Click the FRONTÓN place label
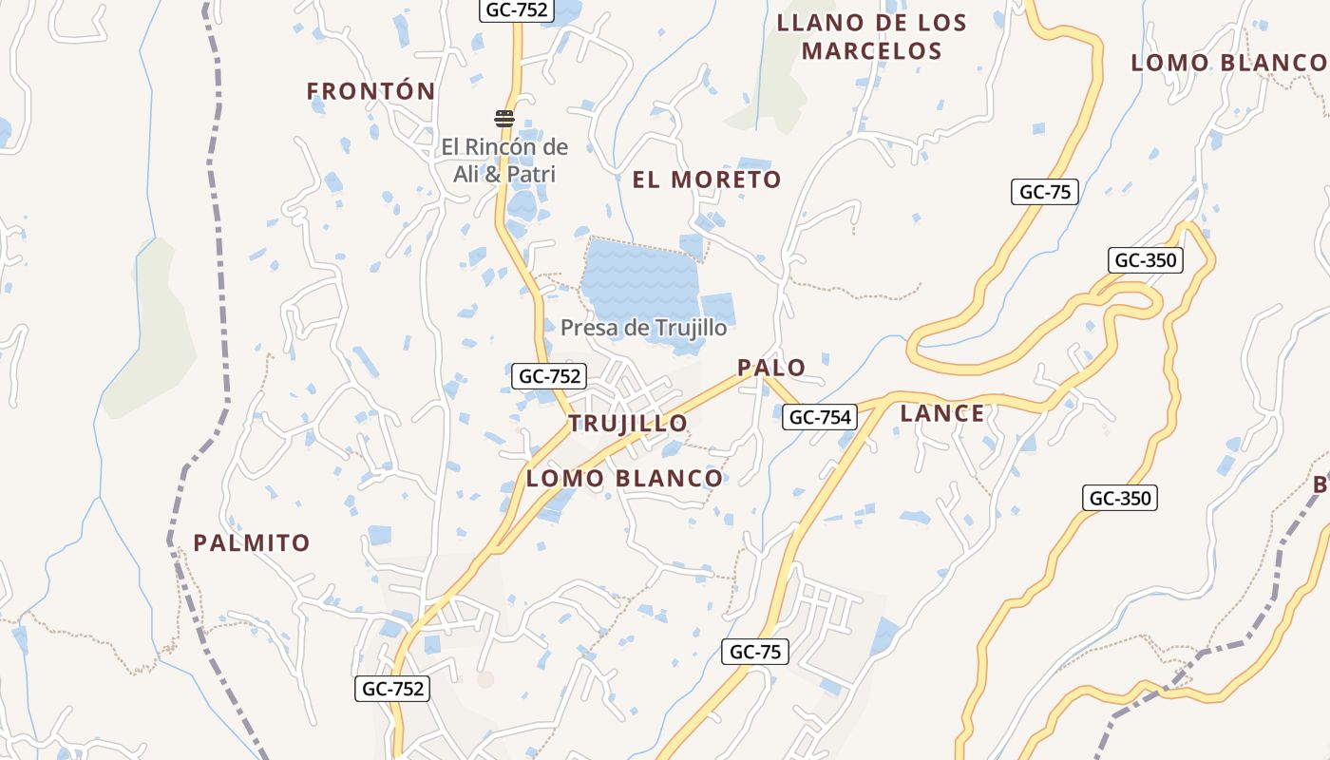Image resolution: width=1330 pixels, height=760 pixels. point(370,91)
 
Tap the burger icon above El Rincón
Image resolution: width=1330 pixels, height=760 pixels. point(503,119)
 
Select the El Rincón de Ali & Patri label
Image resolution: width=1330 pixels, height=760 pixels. point(503,161)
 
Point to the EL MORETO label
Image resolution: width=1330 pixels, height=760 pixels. point(707,180)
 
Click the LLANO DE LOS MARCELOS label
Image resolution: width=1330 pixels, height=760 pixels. point(871,37)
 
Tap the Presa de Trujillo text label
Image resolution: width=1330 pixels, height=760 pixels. point(643,328)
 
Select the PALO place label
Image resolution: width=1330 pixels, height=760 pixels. point(771,368)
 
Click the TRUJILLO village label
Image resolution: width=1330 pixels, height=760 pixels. point(628,424)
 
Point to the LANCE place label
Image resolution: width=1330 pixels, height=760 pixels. point(942,413)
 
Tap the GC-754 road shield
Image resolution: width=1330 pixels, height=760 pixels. point(819,416)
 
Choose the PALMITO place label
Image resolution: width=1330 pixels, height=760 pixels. point(252,543)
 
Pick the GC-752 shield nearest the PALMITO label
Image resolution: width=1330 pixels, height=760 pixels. point(392,689)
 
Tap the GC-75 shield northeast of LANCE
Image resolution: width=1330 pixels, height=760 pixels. point(1044,192)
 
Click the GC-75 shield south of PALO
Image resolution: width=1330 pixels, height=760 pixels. point(754,652)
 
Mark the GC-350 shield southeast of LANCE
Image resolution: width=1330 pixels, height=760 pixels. point(1120,498)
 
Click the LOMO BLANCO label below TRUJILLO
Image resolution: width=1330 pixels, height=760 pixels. point(624,479)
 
